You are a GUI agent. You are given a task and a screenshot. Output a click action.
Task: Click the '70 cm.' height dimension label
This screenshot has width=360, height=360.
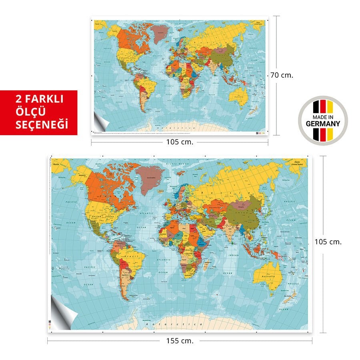282,75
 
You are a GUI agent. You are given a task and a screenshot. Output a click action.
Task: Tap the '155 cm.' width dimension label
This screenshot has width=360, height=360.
180,341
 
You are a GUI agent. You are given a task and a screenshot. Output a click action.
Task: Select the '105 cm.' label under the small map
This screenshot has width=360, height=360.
180,142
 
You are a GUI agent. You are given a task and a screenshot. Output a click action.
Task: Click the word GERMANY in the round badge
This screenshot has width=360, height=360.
323,124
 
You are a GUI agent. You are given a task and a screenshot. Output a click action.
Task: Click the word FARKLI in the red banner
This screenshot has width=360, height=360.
48,98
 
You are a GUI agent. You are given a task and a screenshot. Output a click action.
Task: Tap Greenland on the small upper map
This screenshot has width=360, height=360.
160,33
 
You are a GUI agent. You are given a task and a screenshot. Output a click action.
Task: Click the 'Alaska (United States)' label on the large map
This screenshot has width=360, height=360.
297,162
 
